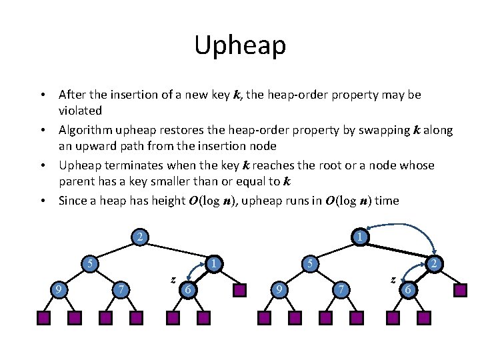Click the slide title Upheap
[240, 45]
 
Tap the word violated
[80, 111]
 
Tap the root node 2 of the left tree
[139, 237]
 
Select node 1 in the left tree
[213, 265]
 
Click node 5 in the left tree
[89, 264]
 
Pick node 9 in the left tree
[59, 289]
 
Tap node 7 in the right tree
[341, 289]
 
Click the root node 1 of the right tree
[359, 237]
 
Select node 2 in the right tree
[433, 265]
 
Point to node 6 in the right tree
[408, 289]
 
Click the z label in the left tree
[173, 279]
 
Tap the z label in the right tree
[393, 279]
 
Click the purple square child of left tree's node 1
[240, 290]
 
